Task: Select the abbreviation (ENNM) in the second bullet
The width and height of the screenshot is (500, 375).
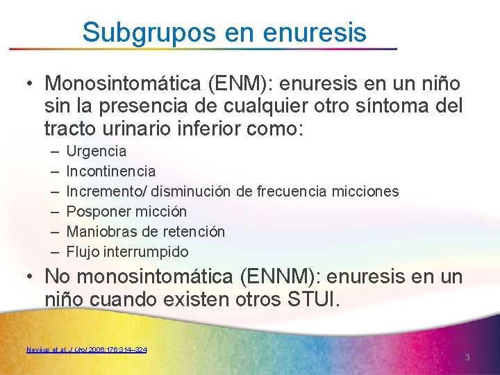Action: [x=282, y=276]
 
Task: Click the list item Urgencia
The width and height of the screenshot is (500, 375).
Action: [x=96, y=151]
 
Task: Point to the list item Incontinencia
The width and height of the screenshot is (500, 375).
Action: [x=110, y=171]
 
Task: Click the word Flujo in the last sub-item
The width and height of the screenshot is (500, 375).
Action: [x=82, y=251]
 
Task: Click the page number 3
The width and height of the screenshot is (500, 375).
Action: [x=467, y=358]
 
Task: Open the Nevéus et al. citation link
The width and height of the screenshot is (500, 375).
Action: [x=86, y=349]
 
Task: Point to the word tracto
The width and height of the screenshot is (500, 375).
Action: [x=69, y=128]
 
